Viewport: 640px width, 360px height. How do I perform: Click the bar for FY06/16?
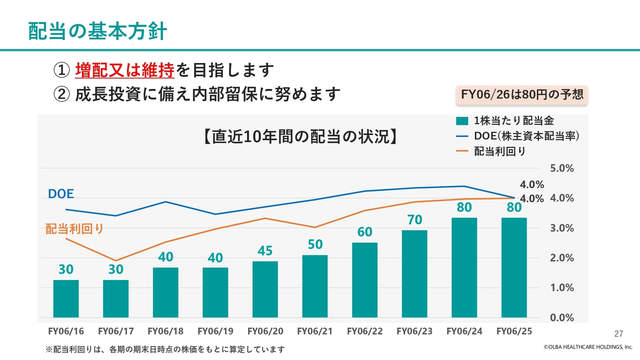(x=66, y=298)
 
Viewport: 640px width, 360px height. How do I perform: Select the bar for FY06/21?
(x=315, y=286)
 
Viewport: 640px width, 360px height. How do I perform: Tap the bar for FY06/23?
(x=414, y=273)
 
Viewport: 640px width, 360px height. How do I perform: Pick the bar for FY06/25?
(x=514, y=267)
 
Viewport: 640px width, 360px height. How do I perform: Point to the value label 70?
(x=414, y=220)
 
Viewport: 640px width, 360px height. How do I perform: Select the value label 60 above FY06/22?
(x=364, y=232)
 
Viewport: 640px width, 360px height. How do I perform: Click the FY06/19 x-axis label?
(x=215, y=331)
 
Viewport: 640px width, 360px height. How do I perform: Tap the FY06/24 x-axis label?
(x=464, y=331)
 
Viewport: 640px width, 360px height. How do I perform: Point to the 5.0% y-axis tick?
(x=562, y=168)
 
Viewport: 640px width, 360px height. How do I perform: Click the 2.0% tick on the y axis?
(x=562, y=258)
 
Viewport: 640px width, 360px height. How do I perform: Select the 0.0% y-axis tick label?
(x=562, y=318)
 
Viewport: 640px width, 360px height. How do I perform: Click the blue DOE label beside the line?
(x=60, y=194)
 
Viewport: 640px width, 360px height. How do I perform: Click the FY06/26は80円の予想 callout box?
(x=521, y=94)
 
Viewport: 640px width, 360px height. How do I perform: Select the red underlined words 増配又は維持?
(x=125, y=70)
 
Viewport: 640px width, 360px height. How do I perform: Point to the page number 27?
(x=618, y=333)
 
